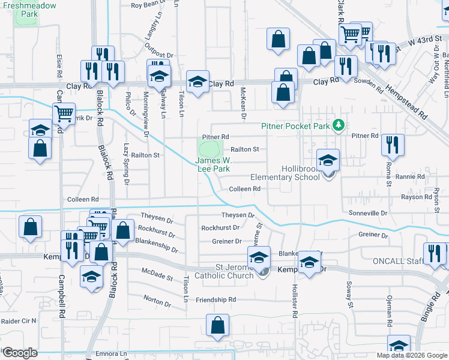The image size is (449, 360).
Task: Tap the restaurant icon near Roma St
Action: point(393,144)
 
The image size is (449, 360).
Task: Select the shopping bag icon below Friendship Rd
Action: point(217,326)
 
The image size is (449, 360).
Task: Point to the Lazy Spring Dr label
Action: point(127,163)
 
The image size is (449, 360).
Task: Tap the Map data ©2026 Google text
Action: point(412,355)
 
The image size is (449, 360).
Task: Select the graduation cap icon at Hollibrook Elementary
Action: point(328,160)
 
